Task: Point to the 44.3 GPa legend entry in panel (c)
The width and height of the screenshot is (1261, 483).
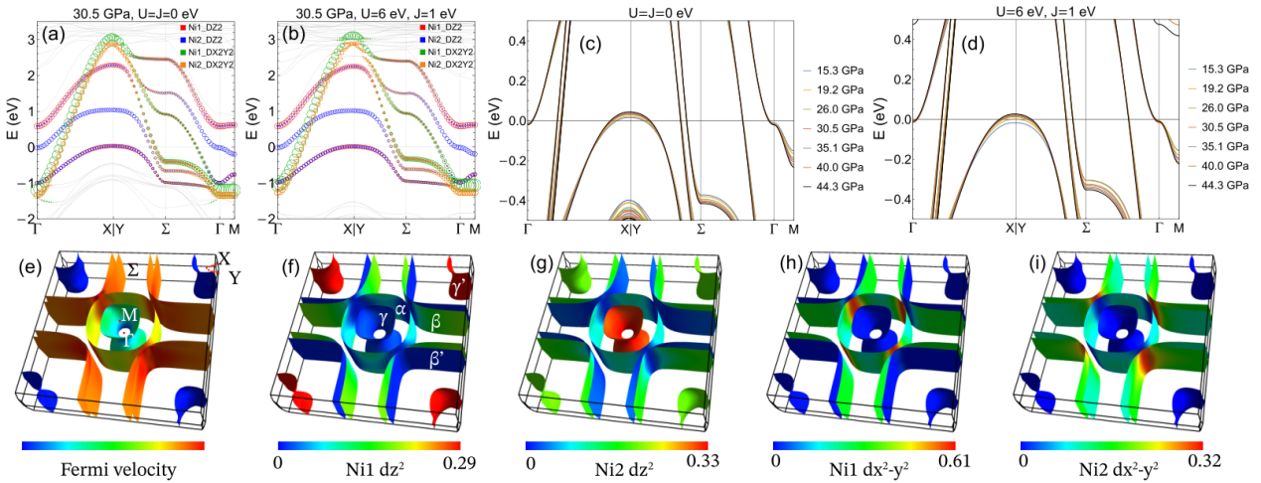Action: pyautogui.click(x=830, y=187)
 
